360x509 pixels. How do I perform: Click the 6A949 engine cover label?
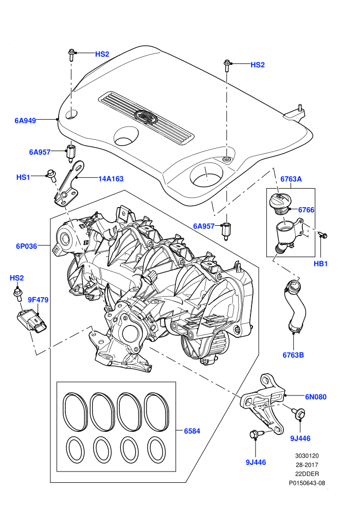click(25, 121)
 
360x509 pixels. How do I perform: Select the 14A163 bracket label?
click(111, 178)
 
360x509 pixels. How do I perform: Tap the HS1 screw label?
click(23, 177)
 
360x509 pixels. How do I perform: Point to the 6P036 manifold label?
click(27, 246)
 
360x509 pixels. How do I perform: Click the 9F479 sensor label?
click(38, 300)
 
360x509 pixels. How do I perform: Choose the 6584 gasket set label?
click(192, 431)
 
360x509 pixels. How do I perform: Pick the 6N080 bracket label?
click(316, 397)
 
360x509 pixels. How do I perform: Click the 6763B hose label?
click(293, 355)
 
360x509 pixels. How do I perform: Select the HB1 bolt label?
click(320, 264)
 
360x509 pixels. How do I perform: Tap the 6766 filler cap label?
click(306, 210)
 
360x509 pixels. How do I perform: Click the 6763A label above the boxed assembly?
click(291, 179)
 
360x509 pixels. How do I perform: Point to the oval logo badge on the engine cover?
click(146, 116)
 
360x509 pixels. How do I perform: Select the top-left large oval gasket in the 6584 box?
click(75, 411)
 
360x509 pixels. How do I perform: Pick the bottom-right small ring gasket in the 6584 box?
click(156, 450)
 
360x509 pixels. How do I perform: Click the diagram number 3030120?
click(307, 456)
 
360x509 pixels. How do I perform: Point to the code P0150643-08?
click(307, 483)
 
